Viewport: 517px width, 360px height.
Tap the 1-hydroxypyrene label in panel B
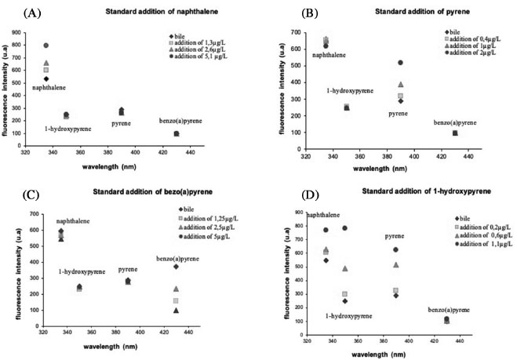(349, 91)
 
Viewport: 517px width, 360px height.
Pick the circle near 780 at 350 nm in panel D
(344, 228)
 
